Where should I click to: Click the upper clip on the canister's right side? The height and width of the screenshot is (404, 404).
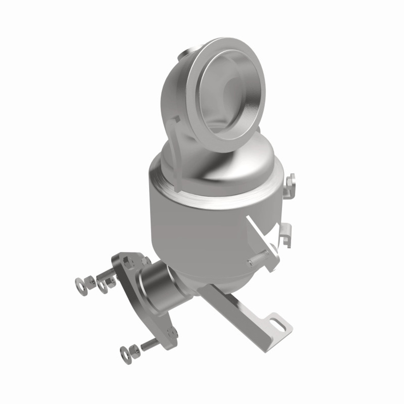[x=291, y=187]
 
